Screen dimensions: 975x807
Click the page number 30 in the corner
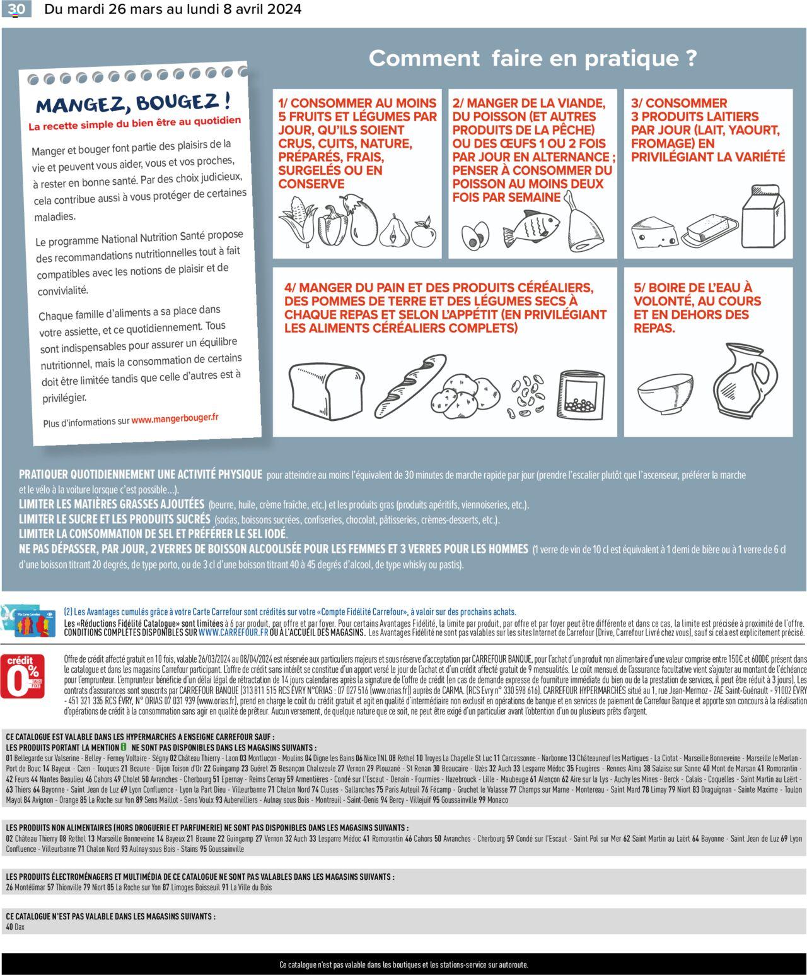pyautogui.click(x=16, y=9)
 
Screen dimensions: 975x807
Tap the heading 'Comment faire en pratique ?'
pyautogui.click(x=533, y=59)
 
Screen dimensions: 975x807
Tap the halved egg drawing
pyautogui.click(x=474, y=235)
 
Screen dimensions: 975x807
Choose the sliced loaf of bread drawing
pyautogui.click(x=327, y=388)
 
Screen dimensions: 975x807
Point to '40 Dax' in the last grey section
pyautogui.click(x=15, y=927)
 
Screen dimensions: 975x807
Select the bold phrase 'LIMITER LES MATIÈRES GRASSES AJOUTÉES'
pyautogui.click(x=112, y=504)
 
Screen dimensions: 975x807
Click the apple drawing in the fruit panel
pyautogui.click(x=424, y=233)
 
